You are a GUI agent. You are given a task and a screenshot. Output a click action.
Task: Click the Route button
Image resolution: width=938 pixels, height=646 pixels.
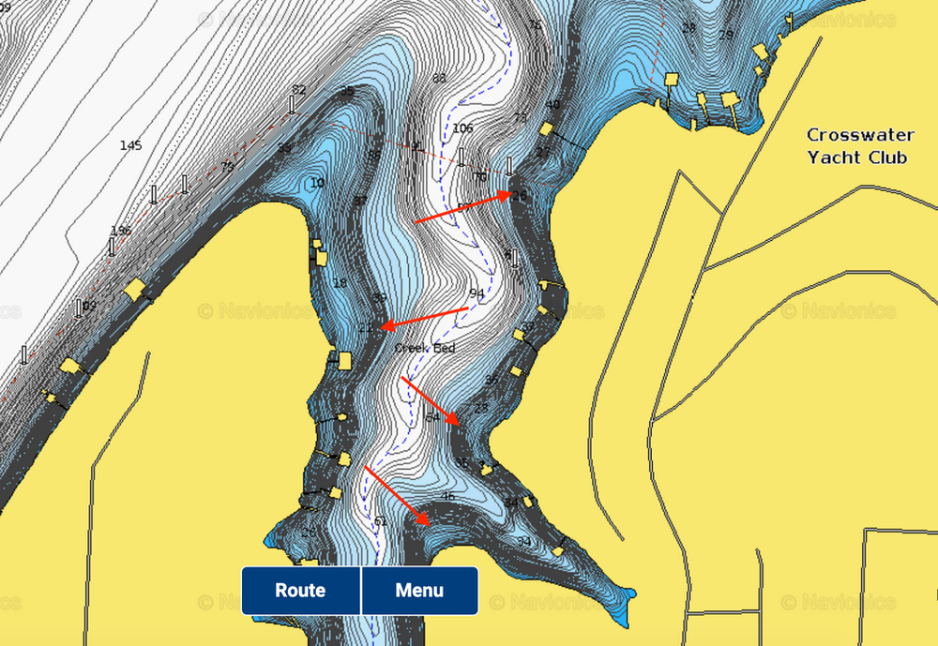(x=300, y=591)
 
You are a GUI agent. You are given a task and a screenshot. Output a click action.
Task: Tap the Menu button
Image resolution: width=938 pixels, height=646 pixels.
(x=419, y=591)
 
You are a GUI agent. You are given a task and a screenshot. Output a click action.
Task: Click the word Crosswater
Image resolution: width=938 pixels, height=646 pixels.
(x=860, y=135)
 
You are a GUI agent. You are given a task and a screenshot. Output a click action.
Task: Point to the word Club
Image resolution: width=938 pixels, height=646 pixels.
(x=888, y=157)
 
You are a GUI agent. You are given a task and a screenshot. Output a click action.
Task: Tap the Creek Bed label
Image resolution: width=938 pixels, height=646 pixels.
(x=425, y=348)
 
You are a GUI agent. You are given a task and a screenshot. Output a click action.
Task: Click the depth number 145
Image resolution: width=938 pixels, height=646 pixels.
(x=131, y=145)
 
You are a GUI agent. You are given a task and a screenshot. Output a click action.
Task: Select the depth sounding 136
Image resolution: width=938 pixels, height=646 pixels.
(x=121, y=231)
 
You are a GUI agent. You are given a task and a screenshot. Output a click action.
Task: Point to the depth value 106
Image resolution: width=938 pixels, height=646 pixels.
(x=462, y=128)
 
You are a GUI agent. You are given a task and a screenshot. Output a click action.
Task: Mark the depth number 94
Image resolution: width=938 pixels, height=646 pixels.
(x=477, y=293)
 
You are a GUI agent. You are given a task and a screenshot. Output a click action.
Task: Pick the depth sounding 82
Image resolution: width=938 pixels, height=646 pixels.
(x=299, y=90)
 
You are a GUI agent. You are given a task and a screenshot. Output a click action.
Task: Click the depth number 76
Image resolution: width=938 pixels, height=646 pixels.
(x=535, y=25)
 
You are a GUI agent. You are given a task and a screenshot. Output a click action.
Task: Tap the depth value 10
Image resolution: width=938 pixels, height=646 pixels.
(x=317, y=183)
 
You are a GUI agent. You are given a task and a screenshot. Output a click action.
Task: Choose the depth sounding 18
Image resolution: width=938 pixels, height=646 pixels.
(x=340, y=283)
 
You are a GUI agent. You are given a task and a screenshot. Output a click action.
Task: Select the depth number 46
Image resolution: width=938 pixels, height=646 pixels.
(x=447, y=496)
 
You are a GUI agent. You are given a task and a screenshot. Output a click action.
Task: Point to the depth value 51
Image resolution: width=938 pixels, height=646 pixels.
(x=380, y=521)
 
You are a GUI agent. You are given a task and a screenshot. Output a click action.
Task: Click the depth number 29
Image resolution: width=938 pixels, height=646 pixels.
(x=725, y=35)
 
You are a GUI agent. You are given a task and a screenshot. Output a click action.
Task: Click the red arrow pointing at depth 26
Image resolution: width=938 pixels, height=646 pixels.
(x=463, y=208)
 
